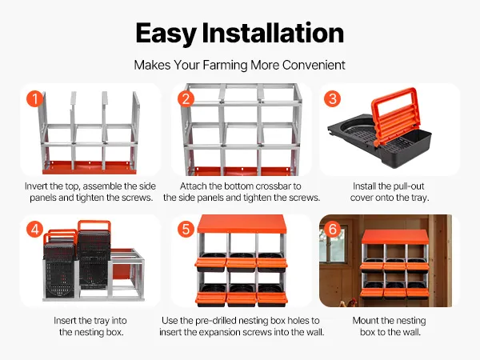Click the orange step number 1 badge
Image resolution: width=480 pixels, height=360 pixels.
pyautogui.click(x=35, y=98)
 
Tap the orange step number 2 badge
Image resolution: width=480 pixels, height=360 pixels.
pyautogui.click(x=186, y=98)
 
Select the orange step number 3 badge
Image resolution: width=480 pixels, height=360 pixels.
pyautogui.click(x=333, y=98)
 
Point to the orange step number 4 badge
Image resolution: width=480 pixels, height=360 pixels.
pyautogui.click(x=35, y=229)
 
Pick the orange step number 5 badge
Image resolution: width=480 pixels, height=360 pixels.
pyautogui.click(x=186, y=229)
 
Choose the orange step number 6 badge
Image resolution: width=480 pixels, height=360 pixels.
pyautogui.click(x=333, y=229)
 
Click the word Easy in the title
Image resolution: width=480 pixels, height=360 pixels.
pyautogui.click(x=166, y=34)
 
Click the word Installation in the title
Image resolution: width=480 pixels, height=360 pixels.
pyautogui.click(x=273, y=33)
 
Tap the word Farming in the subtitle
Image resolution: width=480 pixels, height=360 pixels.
pyautogui.click(x=225, y=66)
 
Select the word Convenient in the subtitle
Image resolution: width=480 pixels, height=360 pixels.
pyautogui.click(x=314, y=65)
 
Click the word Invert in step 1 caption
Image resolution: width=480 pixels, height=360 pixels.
pyautogui.click(x=35, y=186)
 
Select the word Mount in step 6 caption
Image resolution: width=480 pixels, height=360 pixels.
pyautogui.click(x=363, y=321)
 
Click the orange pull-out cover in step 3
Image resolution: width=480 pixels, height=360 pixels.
pyautogui.click(x=395, y=114)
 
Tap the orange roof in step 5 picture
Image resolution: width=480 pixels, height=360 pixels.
pyautogui.click(x=242, y=224)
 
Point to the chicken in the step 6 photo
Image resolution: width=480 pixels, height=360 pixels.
pyautogui.click(x=352, y=302)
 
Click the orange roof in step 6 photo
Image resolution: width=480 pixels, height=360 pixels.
pyautogui.click(x=394, y=236)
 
